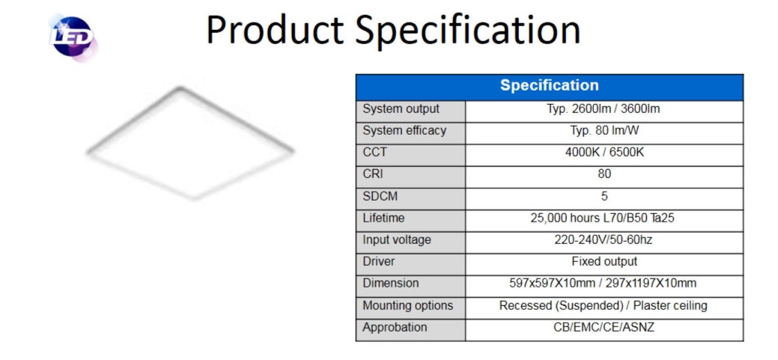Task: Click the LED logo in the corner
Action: click(73, 37)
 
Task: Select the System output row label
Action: click(401, 109)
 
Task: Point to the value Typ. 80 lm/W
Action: click(604, 130)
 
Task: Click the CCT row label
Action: click(374, 152)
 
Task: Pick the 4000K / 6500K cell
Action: click(604, 152)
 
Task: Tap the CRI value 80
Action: click(604, 174)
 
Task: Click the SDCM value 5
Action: click(604, 196)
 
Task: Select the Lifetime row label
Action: click(383, 218)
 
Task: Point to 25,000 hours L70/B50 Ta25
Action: click(602, 218)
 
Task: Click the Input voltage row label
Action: click(397, 240)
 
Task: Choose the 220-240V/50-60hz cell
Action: click(604, 240)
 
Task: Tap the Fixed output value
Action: click(604, 261)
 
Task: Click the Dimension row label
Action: click(390, 283)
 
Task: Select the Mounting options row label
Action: click(408, 305)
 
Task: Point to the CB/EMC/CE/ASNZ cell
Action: click(604, 327)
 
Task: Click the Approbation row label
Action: click(395, 327)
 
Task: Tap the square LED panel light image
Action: click(190, 143)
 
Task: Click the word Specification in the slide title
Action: click(467, 30)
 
